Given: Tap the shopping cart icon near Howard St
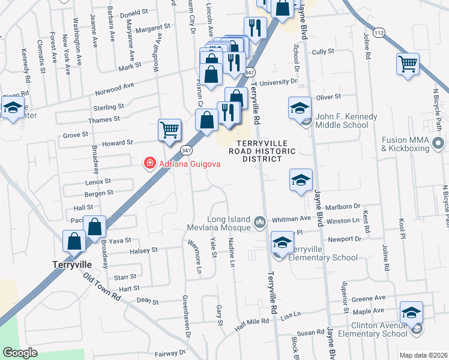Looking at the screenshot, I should [x=170, y=130].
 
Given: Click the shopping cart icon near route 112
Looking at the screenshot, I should [x=408, y=64].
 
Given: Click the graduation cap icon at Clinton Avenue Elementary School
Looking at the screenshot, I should [x=411, y=313].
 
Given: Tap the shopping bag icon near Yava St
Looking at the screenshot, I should [x=95, y=227].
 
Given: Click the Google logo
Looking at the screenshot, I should [x=20, y=353].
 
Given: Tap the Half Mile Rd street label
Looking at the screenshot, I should [x=252, y=322].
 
